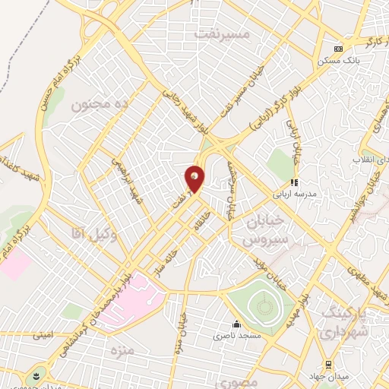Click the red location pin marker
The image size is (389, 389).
click(195, 179)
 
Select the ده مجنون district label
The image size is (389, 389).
click(102, 105)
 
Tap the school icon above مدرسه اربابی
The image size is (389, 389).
click(294, 182)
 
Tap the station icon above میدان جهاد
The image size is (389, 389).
click(328, 365)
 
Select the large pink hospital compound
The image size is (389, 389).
click(129, 299)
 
